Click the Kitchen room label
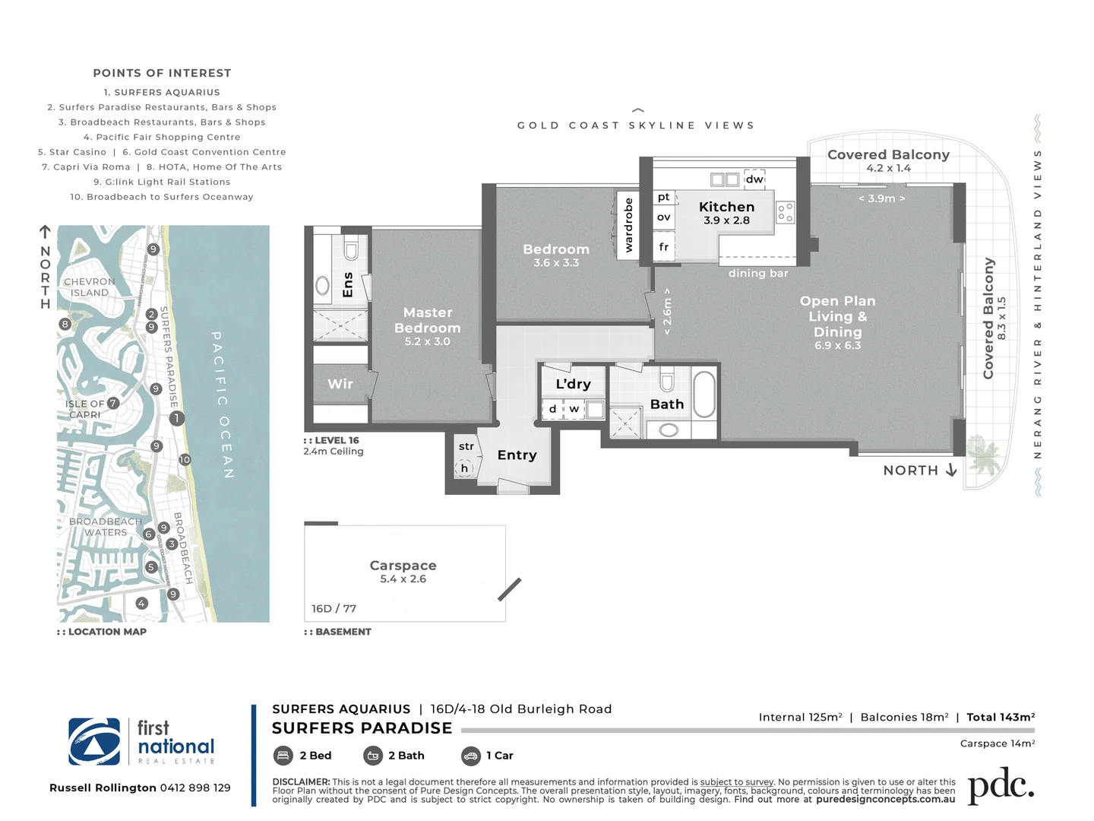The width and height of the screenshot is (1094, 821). (726, 207)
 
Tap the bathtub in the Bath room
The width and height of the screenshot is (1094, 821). (704, 394)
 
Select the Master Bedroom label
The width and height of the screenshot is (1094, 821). (427, 320)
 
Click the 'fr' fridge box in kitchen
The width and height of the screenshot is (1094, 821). (664, 247)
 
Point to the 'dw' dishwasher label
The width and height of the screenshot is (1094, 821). (754, 179)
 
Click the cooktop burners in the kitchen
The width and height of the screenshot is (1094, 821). (786, 212)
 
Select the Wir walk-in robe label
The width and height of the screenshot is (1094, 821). (340, 384)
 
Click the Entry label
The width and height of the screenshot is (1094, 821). (517, 455)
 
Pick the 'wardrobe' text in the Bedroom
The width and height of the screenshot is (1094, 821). (628, 225)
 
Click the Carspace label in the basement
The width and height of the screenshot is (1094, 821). (403, 566)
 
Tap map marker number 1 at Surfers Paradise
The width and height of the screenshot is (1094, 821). (176, 418)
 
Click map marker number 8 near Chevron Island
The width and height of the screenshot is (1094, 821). (65, 324)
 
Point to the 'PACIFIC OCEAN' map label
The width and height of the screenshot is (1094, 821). (222, 404)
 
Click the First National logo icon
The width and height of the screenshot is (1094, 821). (94, 741)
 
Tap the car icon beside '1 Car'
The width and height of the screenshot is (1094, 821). (470, 756)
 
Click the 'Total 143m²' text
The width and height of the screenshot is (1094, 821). (1000, 717)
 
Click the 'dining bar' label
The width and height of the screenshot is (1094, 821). (757, 274)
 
